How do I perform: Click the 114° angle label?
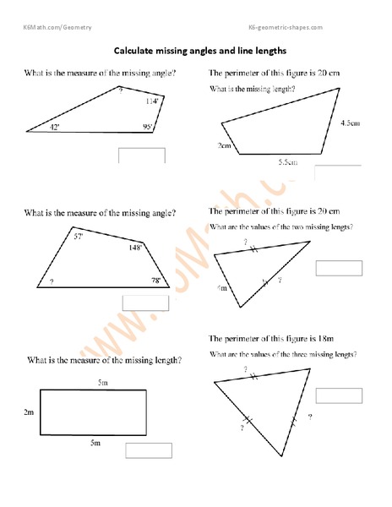point(151,101)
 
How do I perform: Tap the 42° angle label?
point(55,127)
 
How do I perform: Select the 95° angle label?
point(148,128)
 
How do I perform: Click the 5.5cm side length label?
point(288,161)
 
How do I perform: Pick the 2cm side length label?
point(224,145)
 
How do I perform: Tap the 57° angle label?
point(78,237)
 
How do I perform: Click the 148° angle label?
point(135,248)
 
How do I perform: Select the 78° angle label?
point(155,280)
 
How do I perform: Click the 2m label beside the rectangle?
point(29,413)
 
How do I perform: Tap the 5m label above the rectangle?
point(102,384)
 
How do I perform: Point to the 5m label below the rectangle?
point(95,442)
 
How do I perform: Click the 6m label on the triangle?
point(223,288)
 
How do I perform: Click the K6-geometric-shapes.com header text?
point(286,28)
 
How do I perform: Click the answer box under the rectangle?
point(149,450)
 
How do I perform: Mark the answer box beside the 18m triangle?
point(338,395)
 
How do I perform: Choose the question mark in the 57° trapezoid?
point(52,281)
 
